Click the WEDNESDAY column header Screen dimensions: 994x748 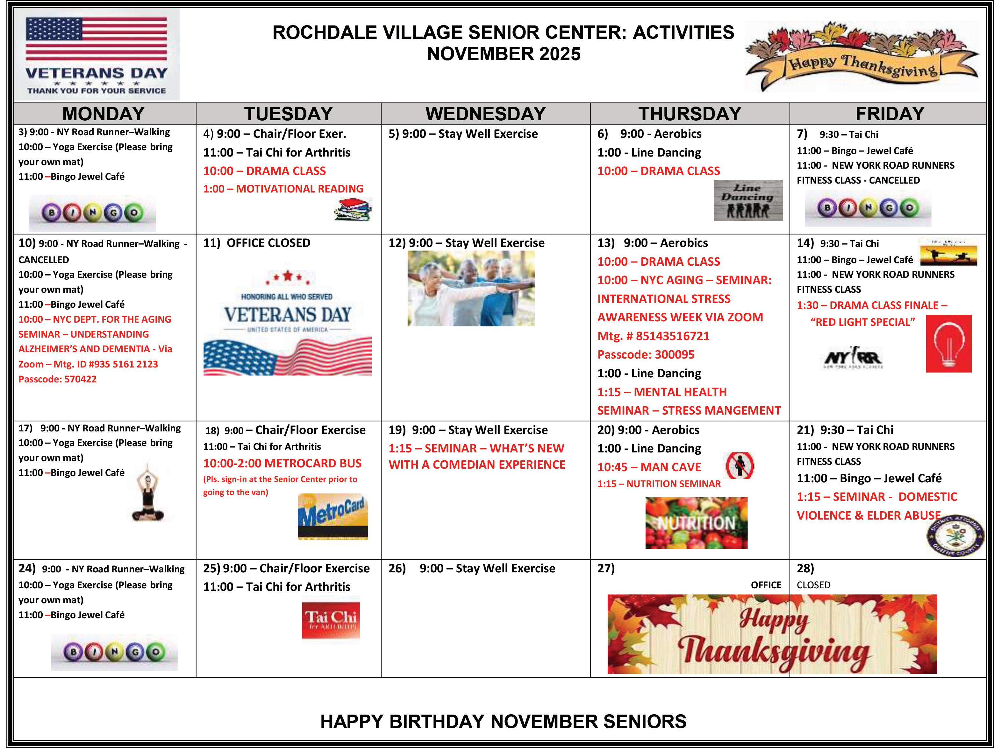point(485,114)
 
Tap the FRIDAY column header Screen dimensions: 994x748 point(890,114)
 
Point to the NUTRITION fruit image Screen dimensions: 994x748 point(696,523)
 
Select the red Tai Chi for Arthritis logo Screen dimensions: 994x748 point(331,618)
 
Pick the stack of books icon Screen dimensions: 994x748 point(353,210)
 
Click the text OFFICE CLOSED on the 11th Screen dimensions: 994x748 point(268,243)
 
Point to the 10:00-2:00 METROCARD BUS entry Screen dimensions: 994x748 point(282,463)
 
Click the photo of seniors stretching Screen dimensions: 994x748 point(471,288)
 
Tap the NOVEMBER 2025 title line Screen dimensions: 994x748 point(503,54)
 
